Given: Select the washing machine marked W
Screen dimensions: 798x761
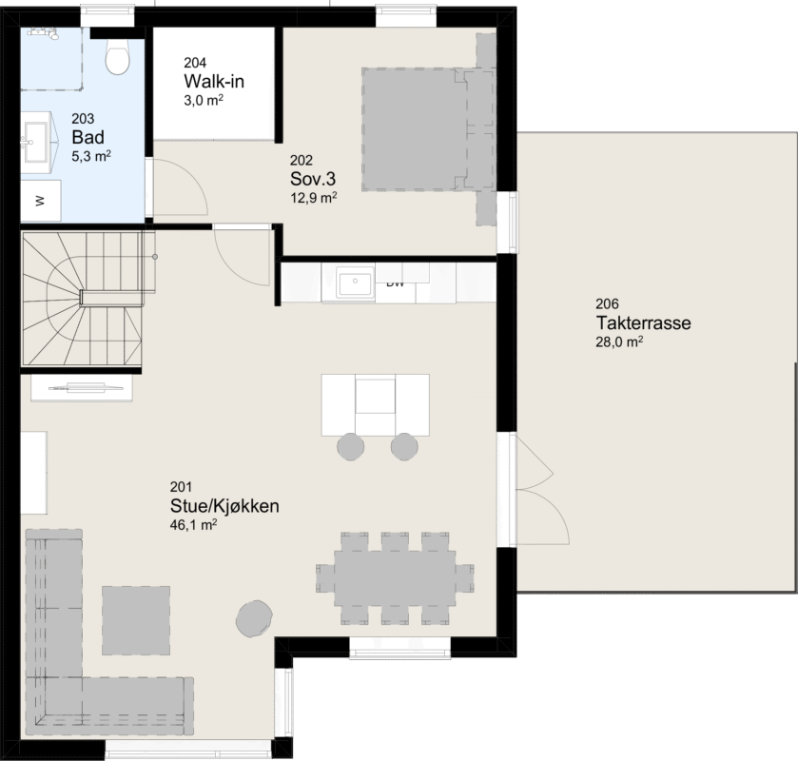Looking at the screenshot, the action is pos(41,201).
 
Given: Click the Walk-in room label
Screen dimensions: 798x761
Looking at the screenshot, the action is pos(214,82).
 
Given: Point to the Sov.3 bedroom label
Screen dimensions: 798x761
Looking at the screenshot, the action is pos(313,179).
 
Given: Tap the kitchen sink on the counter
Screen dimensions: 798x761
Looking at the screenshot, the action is pos(355,282).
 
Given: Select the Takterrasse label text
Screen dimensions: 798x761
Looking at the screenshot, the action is pos(643,322).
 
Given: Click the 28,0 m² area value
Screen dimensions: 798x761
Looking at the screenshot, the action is pos(619,341).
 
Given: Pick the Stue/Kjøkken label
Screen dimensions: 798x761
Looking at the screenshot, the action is pos(224,506).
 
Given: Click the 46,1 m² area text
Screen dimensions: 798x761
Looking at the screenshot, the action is pos(193,524).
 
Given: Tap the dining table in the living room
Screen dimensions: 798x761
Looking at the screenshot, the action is pos(395,578).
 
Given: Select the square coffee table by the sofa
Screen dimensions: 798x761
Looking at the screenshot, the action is pos(136,620).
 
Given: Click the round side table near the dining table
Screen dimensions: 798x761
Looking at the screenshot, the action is pos(254,618).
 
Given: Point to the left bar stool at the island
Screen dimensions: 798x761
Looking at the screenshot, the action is pos(351,446).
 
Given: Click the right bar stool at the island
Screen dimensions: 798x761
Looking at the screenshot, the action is pos(404,446).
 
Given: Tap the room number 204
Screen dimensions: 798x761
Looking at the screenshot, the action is pos(195,63).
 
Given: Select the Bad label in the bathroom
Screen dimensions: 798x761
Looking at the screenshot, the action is pos(88,137).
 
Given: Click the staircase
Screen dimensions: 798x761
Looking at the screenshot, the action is pos(83,299).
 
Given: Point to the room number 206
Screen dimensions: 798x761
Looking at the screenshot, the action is pos(607,303).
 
